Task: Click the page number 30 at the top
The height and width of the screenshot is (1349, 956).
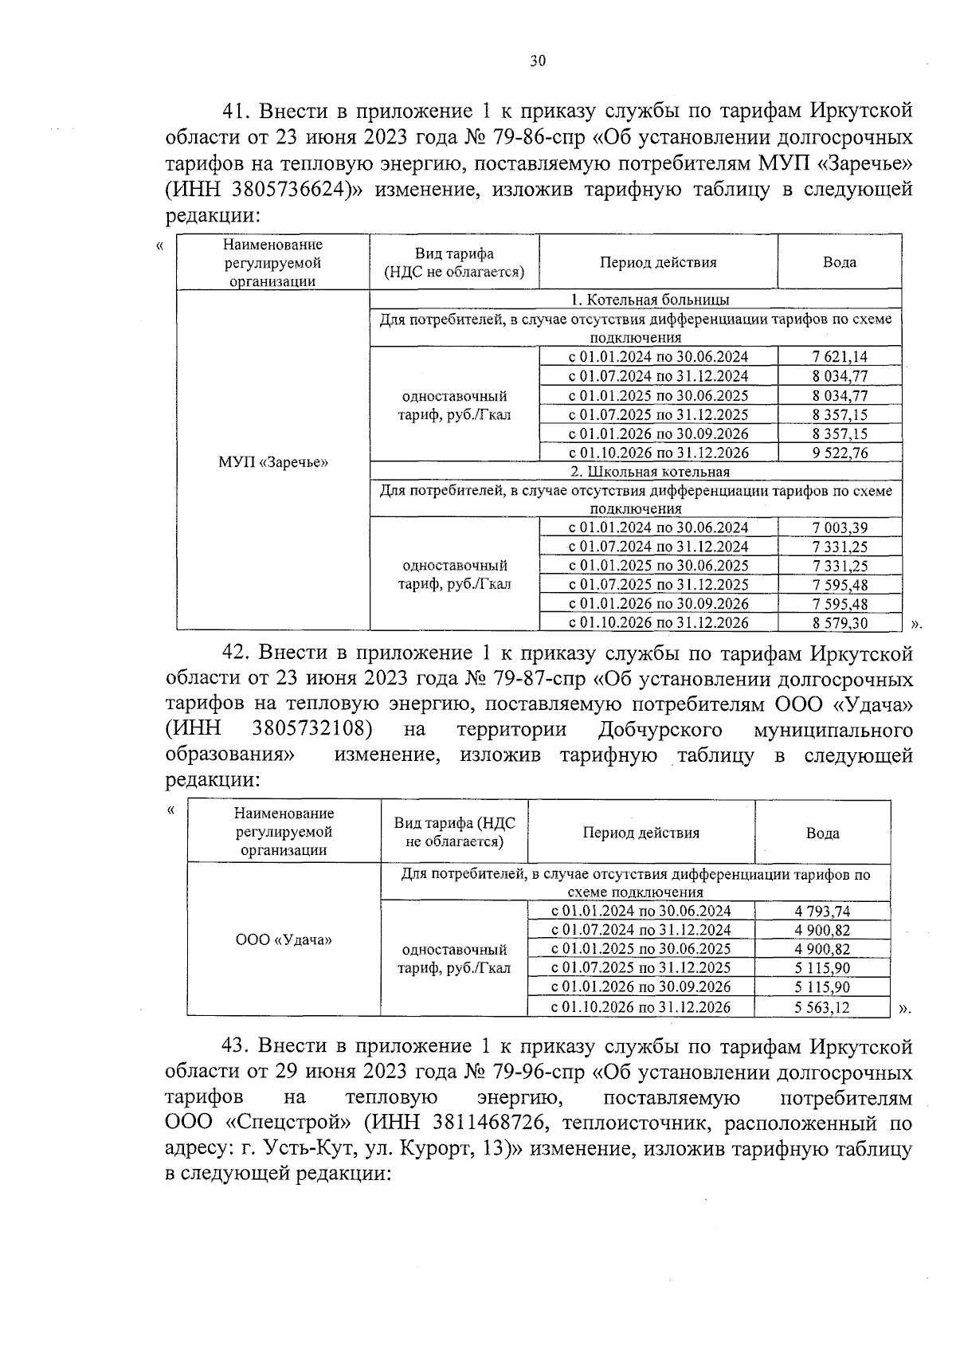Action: (x=538, y=61)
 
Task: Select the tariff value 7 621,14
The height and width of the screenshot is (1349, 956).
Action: (x=840, y=357)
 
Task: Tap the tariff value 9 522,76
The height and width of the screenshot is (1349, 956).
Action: (x=840, y=453)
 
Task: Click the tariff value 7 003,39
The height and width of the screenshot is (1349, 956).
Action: (x=840, y=527)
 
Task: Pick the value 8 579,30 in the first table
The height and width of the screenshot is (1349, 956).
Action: (x=840, y=623)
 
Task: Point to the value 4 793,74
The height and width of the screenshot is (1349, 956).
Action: (x=822, y=911)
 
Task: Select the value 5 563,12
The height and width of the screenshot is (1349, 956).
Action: (x=822, y=1007)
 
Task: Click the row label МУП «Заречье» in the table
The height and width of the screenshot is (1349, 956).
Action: (x=272, y=462)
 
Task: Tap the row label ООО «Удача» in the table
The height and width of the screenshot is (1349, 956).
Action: (x=284, y=939)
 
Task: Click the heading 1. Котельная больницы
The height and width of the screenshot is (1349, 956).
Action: (x=636, y=300)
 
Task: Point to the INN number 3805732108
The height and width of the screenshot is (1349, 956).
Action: (x=312, y=729)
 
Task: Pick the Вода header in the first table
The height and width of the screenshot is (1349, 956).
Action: (x=840, y=261)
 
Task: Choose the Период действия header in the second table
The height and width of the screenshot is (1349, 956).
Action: (x=641, y=833)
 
